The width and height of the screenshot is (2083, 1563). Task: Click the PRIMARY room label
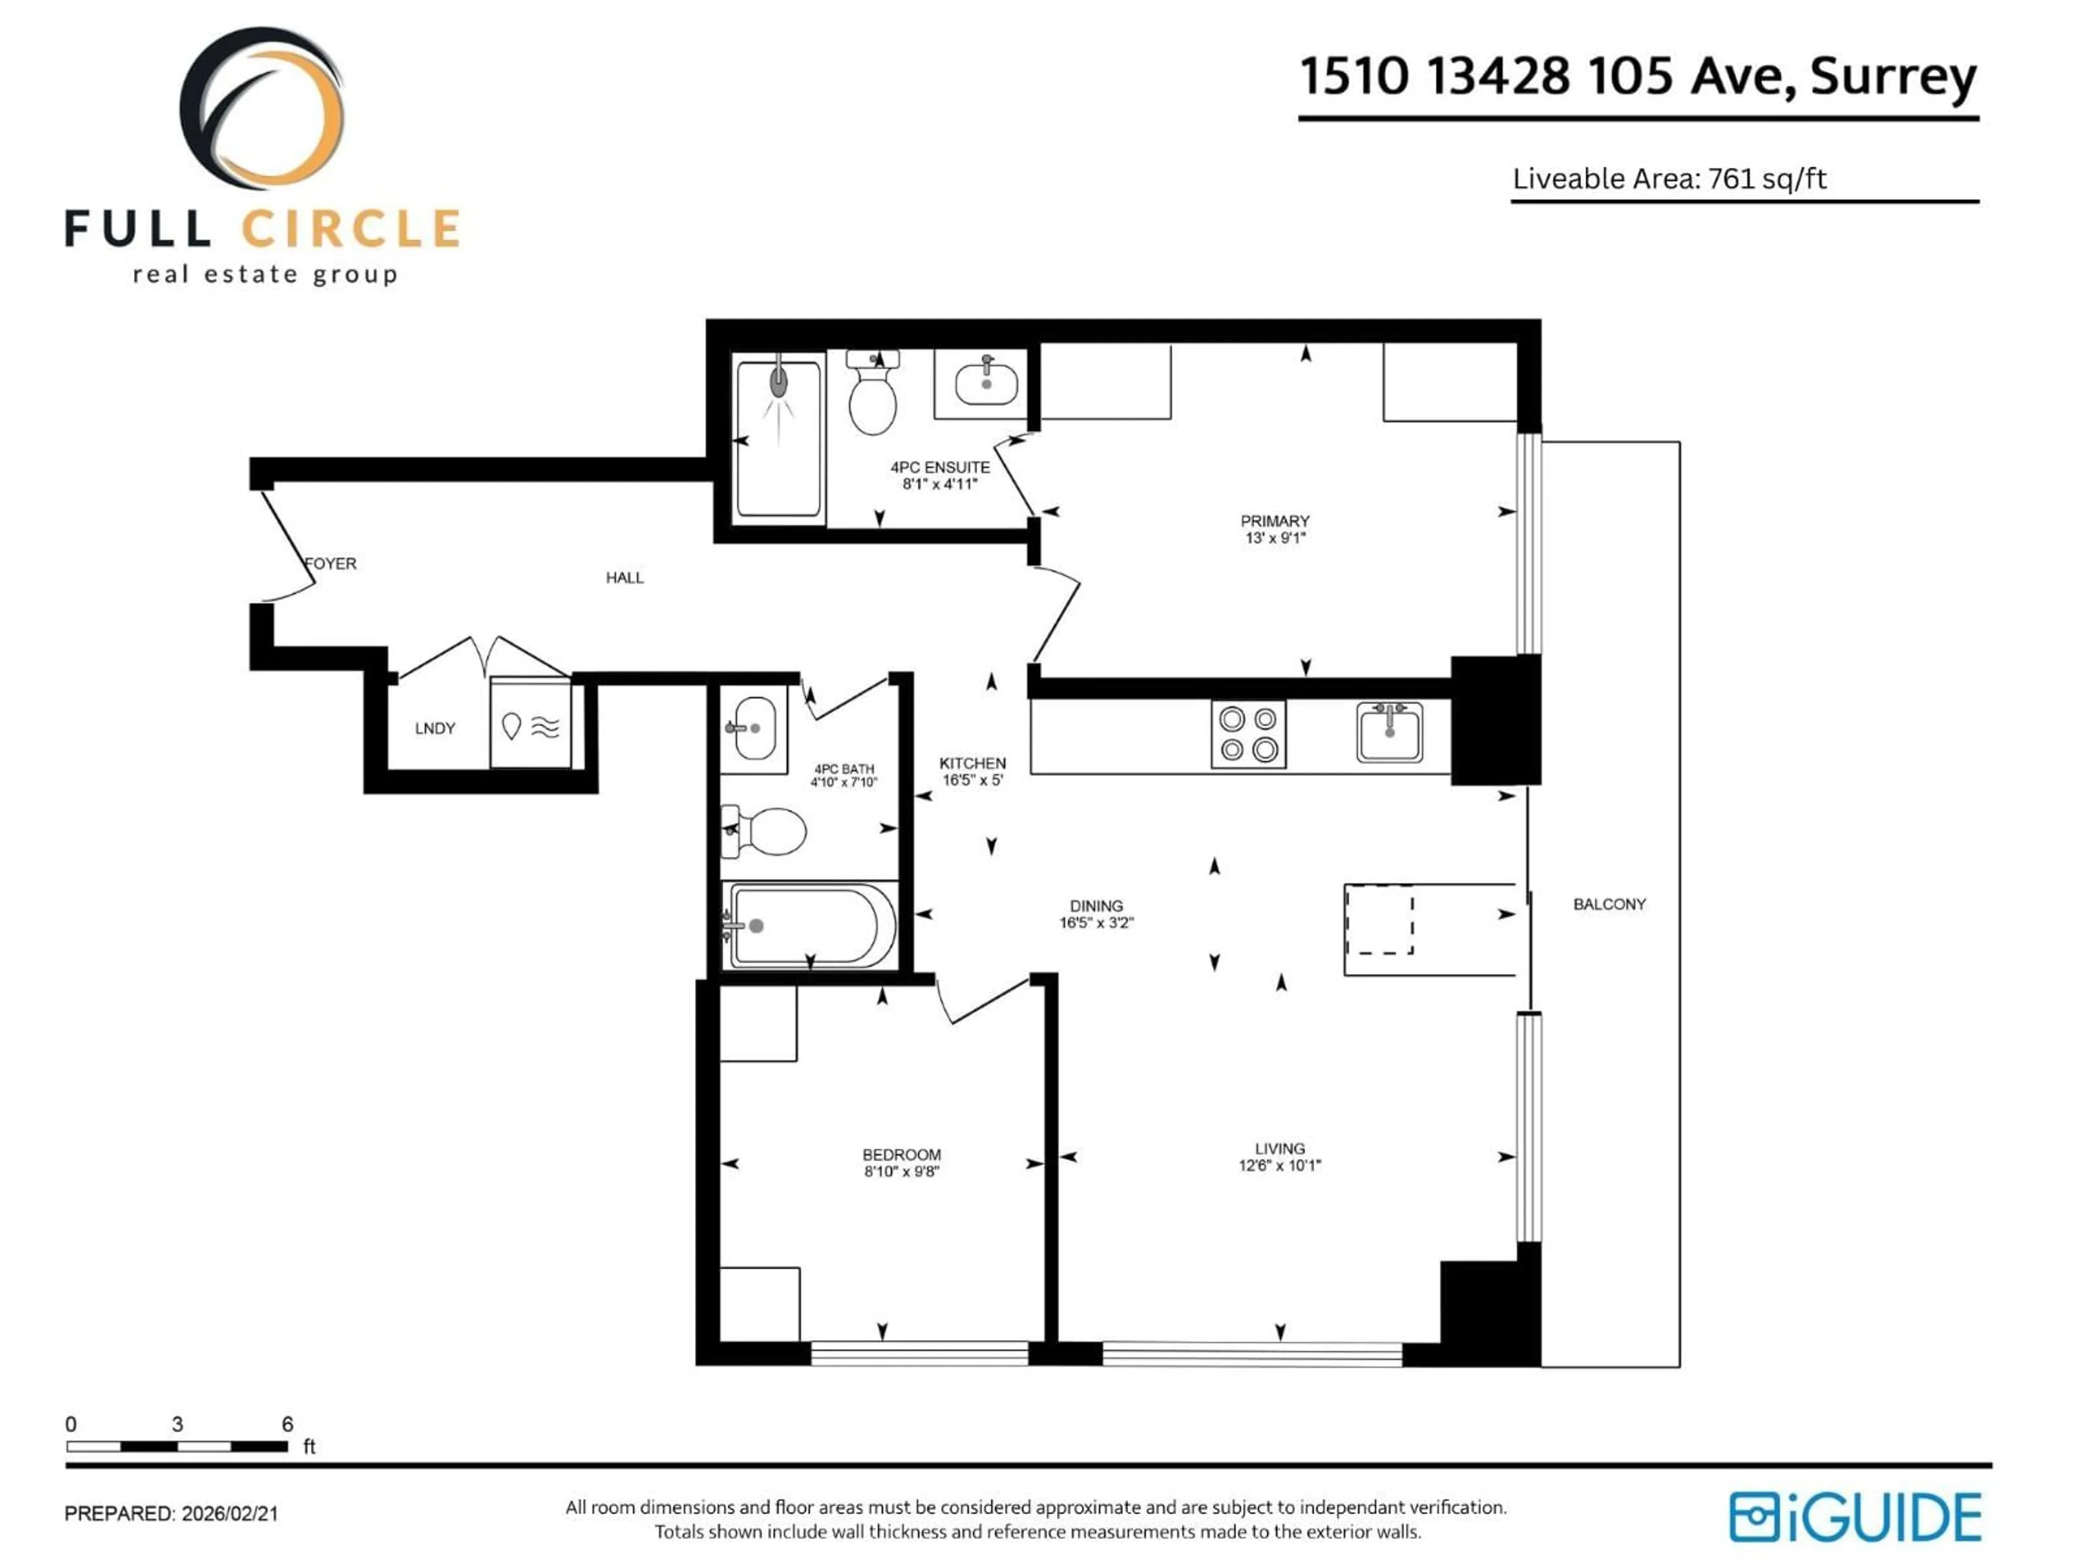pyautogui.click(x=1274, y=521)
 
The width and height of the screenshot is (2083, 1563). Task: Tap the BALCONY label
pyautogui.click(x=1608, y=905)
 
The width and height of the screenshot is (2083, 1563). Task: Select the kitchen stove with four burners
pyautogui.click(x=1248, y=735)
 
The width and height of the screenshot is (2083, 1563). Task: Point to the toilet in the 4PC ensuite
pyautogui.click(x=872, y=396)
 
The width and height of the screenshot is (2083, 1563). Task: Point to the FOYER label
pyautogui.click(x=330, y=563)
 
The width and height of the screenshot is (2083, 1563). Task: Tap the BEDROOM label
pyautogui.click(x=901, y=1154)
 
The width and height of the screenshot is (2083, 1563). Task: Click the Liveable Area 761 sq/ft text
pyautogui.click(x=1669, y=179)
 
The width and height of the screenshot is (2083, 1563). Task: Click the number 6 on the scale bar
pyautogui.click(x=287, y=1424)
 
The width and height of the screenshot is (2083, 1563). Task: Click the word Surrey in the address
pyautogui.click(x=1892, y=77)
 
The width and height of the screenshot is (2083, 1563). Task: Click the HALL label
pyautogui.click(x=624, y=577)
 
